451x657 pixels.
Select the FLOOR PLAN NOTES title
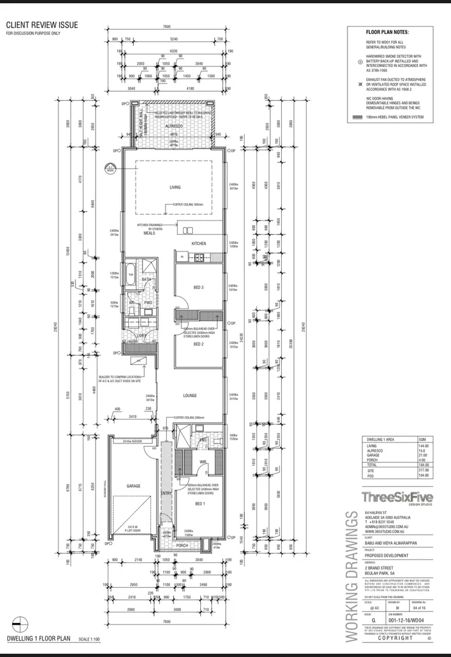click(x=387, y=32)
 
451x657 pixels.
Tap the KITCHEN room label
click(x=199, y=243)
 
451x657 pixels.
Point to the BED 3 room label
click(x=198, y=287)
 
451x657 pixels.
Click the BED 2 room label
click(x=198, y=344)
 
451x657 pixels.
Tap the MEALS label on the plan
click(x=149, y=233)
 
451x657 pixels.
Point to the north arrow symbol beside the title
click(x=20, y=624)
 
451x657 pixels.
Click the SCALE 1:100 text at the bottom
click(x=90, y=639)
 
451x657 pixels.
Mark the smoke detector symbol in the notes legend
click(x=360, y=61)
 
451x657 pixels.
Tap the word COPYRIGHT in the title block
click(x=396, y=638)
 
